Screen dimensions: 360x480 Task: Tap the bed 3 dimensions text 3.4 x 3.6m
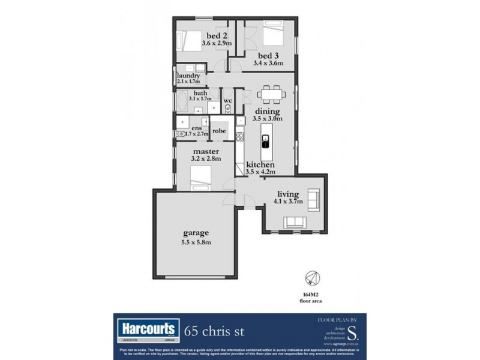tap(268, 62)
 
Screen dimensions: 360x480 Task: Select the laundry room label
tap(188, 76)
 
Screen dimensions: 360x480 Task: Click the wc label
tap(227, 101)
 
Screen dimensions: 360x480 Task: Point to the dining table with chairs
tap(270, 94)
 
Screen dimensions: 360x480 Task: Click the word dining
tap(267, 111)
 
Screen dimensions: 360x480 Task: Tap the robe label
tap(219, 131)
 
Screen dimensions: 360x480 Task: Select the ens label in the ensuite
tap(196, 127)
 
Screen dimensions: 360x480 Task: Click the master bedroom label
tap(206, 151)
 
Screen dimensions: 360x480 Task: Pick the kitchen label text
tap(260, 164)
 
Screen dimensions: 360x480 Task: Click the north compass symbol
tap(312, 278)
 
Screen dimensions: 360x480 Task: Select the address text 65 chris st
tap(214, 331)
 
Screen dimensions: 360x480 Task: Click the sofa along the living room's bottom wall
tap(295, 223)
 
